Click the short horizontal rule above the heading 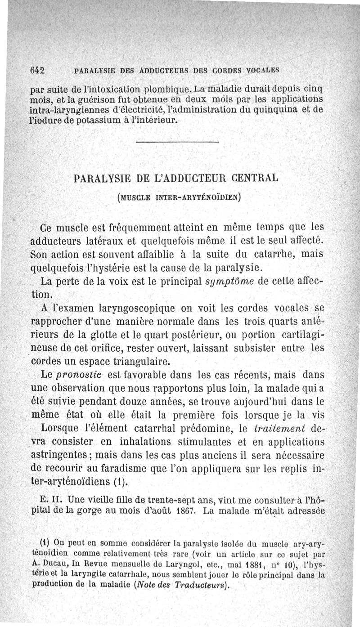[176, 143]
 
